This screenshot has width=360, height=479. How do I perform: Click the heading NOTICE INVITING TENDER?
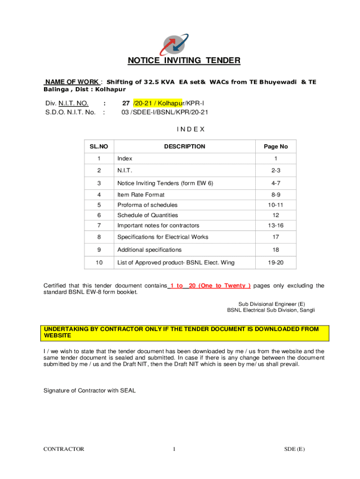pos(184,60)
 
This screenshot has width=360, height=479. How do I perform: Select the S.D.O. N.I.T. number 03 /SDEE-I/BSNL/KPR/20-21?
pos(165,112)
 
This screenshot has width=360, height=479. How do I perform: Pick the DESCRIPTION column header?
pos(184,146)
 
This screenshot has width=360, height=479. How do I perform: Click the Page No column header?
pos(275,146)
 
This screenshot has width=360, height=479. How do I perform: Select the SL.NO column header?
pos(99,146)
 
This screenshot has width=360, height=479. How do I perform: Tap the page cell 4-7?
pos(275,183)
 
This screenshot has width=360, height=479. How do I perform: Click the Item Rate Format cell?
pos(141,195)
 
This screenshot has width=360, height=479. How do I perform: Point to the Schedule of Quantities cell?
pos(148,215)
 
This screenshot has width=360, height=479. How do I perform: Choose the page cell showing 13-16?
pos(275,225)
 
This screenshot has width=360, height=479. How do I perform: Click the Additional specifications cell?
pos(150,250)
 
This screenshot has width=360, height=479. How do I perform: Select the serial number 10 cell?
pos(99,263)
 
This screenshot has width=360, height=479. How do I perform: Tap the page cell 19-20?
pos(275,263)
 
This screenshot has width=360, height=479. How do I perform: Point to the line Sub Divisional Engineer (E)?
pos(272,304)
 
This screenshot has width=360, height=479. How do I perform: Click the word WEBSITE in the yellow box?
pos(58,336)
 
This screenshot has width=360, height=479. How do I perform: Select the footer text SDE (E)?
pos(295,449)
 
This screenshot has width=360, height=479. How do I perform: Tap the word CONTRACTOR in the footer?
pos(64,449)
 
